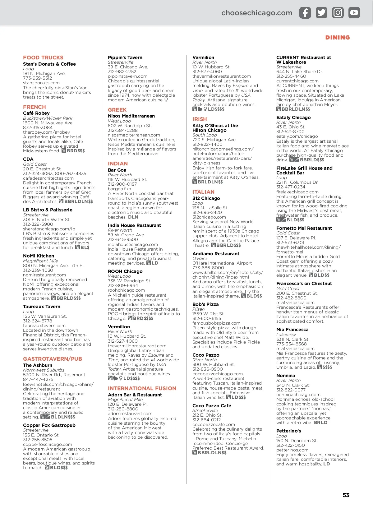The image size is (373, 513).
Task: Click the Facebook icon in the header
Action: point(305,13)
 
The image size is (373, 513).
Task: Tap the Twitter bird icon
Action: point(321,13)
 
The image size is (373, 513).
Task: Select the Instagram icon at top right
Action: point(338,13)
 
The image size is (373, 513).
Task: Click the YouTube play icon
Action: point(354,13)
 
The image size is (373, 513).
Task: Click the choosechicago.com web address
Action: point(257,13)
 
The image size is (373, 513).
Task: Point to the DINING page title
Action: point(338,38)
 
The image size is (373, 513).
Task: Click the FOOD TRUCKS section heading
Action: point(43,58)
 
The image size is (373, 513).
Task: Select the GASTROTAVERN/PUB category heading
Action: point(53,359)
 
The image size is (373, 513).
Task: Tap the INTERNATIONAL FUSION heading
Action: point(142,388)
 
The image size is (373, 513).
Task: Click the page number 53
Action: point(346,495)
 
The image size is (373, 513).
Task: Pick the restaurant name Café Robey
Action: point(36,113)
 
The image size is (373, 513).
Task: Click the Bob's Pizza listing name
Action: point(205,304)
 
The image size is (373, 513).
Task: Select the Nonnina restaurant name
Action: point(286,376)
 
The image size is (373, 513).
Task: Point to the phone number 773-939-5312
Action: point(38,78)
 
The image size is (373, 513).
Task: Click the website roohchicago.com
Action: point(126,290)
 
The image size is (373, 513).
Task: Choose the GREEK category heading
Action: point(117,110)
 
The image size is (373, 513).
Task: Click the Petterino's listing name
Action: point(289,431)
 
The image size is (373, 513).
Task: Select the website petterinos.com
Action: point(292,450)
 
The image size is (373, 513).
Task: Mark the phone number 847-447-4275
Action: point(38,379)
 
